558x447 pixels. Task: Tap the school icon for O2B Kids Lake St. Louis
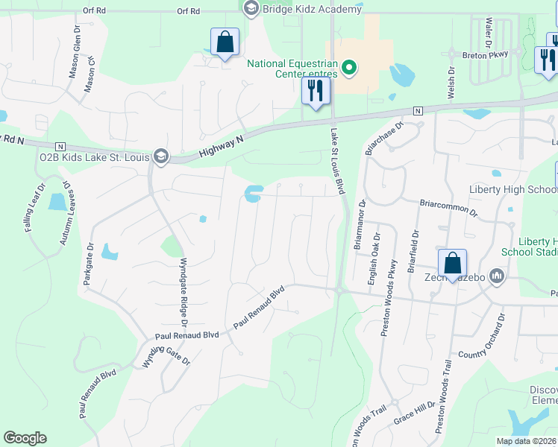pyautogui.click(x=160, y=156)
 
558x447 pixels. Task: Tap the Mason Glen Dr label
pyautogui.click(x=76, y=46)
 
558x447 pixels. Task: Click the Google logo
pyautogui.click(x=25, y=438)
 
